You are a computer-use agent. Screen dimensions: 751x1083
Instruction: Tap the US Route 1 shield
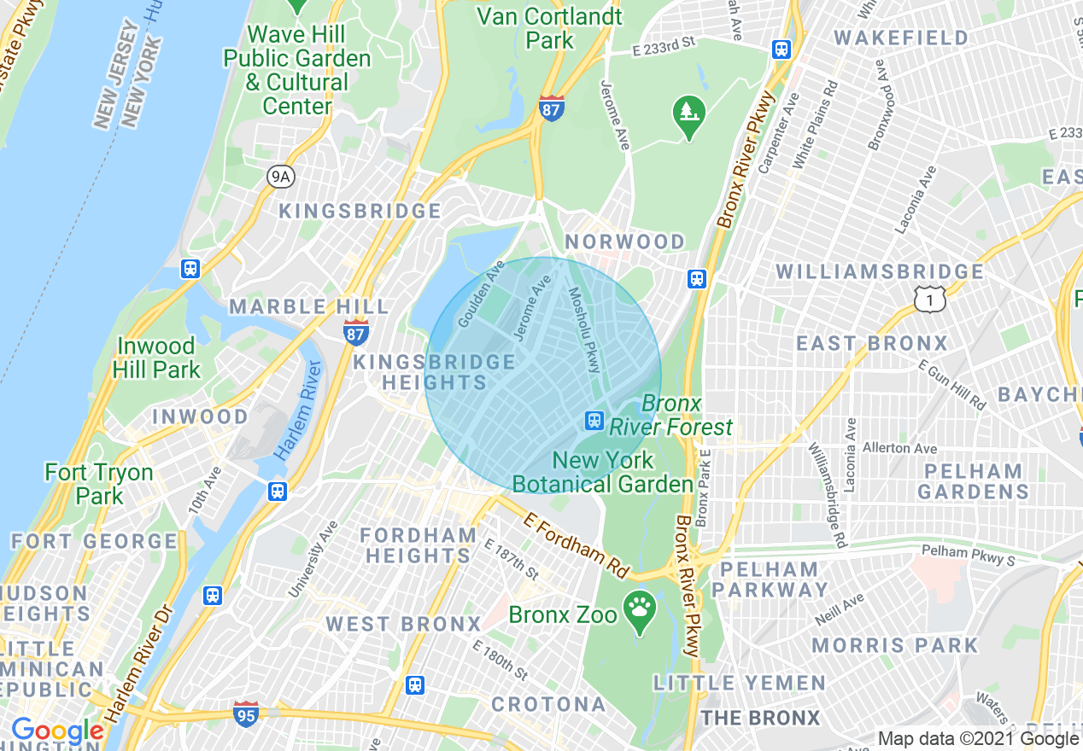pos(929,299)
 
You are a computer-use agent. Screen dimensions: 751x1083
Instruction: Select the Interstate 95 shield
pos(246,713)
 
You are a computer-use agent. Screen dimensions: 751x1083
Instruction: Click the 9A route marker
pos(280,177)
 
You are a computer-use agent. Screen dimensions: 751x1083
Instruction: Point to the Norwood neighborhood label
pos(624,242)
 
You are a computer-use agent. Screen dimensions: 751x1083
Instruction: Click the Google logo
pos(56,731)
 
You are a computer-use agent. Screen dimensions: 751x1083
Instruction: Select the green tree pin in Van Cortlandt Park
pos(687,112)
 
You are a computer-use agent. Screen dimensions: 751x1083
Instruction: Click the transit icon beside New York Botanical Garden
pos(594,420)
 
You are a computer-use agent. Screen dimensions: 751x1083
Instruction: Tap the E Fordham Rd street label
pos(577,544)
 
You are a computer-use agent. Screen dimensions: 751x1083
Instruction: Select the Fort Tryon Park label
pos(99,483)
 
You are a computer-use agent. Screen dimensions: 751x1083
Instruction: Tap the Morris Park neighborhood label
pos(894,644)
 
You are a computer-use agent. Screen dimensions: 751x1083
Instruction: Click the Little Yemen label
pos(740,683)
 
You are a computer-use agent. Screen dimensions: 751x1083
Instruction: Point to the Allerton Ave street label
pos(899,448)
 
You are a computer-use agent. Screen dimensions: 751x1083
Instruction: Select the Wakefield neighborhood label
pos(901,38)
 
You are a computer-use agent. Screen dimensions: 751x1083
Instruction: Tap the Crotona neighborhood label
pos(548,704)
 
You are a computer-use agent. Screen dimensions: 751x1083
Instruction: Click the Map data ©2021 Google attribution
pos(978,739)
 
